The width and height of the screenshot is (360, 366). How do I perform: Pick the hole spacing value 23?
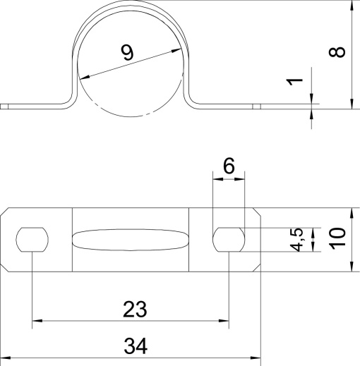click(x=135, y=309)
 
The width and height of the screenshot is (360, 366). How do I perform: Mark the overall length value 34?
click(x=135, y=346)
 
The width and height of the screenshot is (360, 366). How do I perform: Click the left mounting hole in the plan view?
click(x=32, y=240)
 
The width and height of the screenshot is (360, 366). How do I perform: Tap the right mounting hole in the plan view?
click(x=229, y=240)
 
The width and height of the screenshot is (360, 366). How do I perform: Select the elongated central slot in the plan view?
click(x=131, y=240)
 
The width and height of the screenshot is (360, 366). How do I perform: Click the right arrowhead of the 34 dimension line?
click(x=257, y=358)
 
